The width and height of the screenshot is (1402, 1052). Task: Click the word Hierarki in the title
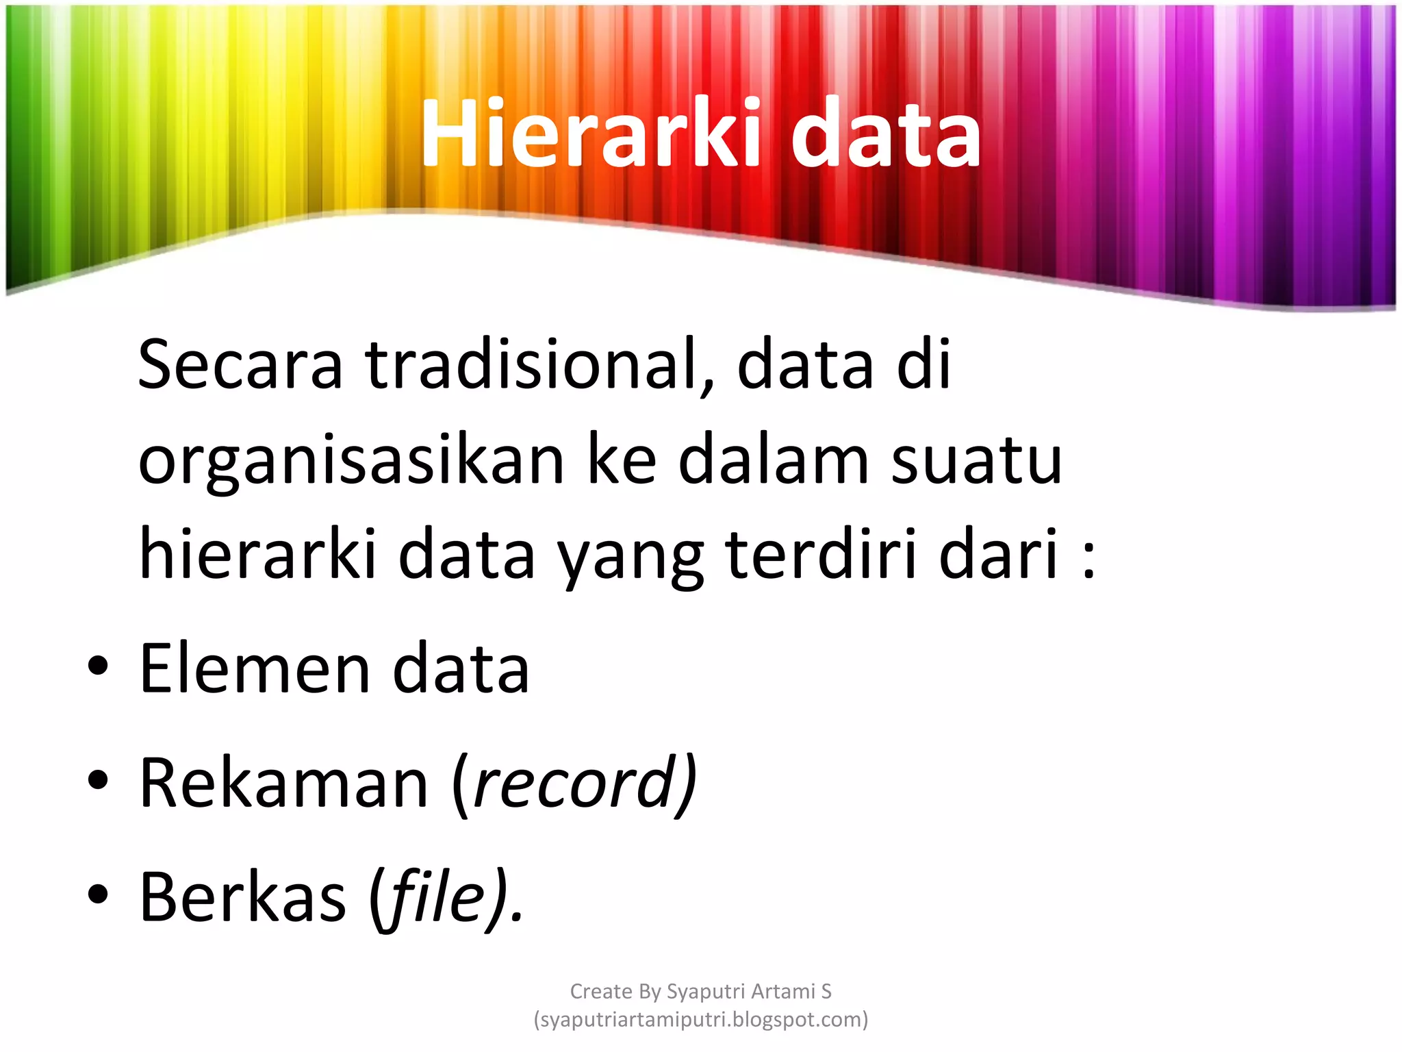[591, 133]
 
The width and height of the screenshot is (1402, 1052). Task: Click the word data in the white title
[886, 133]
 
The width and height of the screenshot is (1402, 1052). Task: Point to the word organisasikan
[351, 460]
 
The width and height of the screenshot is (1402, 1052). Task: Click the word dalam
[774, 460]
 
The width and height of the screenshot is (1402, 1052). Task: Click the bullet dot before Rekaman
[98, 781]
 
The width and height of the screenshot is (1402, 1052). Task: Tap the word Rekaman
[284, 783]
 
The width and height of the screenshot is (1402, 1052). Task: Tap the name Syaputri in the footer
[706, 991]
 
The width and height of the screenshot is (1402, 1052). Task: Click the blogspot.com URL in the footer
[701, 1019]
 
